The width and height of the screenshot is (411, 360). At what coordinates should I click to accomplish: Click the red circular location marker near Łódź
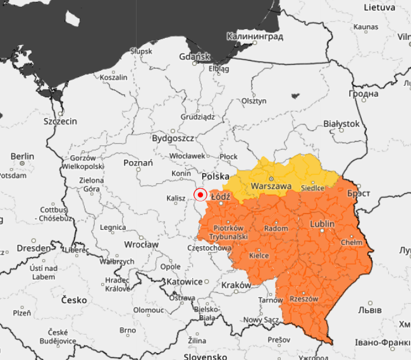point(200,195)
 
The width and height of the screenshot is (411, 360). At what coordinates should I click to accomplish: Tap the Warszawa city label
point(271,186)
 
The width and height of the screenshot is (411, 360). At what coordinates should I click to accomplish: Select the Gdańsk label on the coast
point(193,57)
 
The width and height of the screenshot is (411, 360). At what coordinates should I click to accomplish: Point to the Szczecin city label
point(60,121)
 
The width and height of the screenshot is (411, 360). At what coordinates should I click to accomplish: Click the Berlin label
point(22,156)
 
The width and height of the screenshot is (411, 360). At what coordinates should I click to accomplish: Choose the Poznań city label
point(138,163)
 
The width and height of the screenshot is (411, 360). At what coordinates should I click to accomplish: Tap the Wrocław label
point(141,244)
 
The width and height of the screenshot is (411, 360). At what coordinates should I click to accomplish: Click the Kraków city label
point(236,285)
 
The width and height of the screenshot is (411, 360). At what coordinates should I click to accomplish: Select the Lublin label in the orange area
point(322,224)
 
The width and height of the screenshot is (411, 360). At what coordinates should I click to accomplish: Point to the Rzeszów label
point(304,299)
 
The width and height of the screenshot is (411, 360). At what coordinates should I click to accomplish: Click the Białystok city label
point(341,124)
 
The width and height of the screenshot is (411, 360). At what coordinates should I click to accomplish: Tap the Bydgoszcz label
point(173,138)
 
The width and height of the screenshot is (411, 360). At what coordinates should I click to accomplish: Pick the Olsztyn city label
point(254,101)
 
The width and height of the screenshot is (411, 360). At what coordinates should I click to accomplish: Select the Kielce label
point(259,255)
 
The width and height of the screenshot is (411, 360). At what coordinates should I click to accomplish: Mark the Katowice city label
point(185,282)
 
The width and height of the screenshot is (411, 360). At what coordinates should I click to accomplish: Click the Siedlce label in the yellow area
point(312,188)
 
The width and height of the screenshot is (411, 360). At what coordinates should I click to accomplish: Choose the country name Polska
point(215,176)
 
